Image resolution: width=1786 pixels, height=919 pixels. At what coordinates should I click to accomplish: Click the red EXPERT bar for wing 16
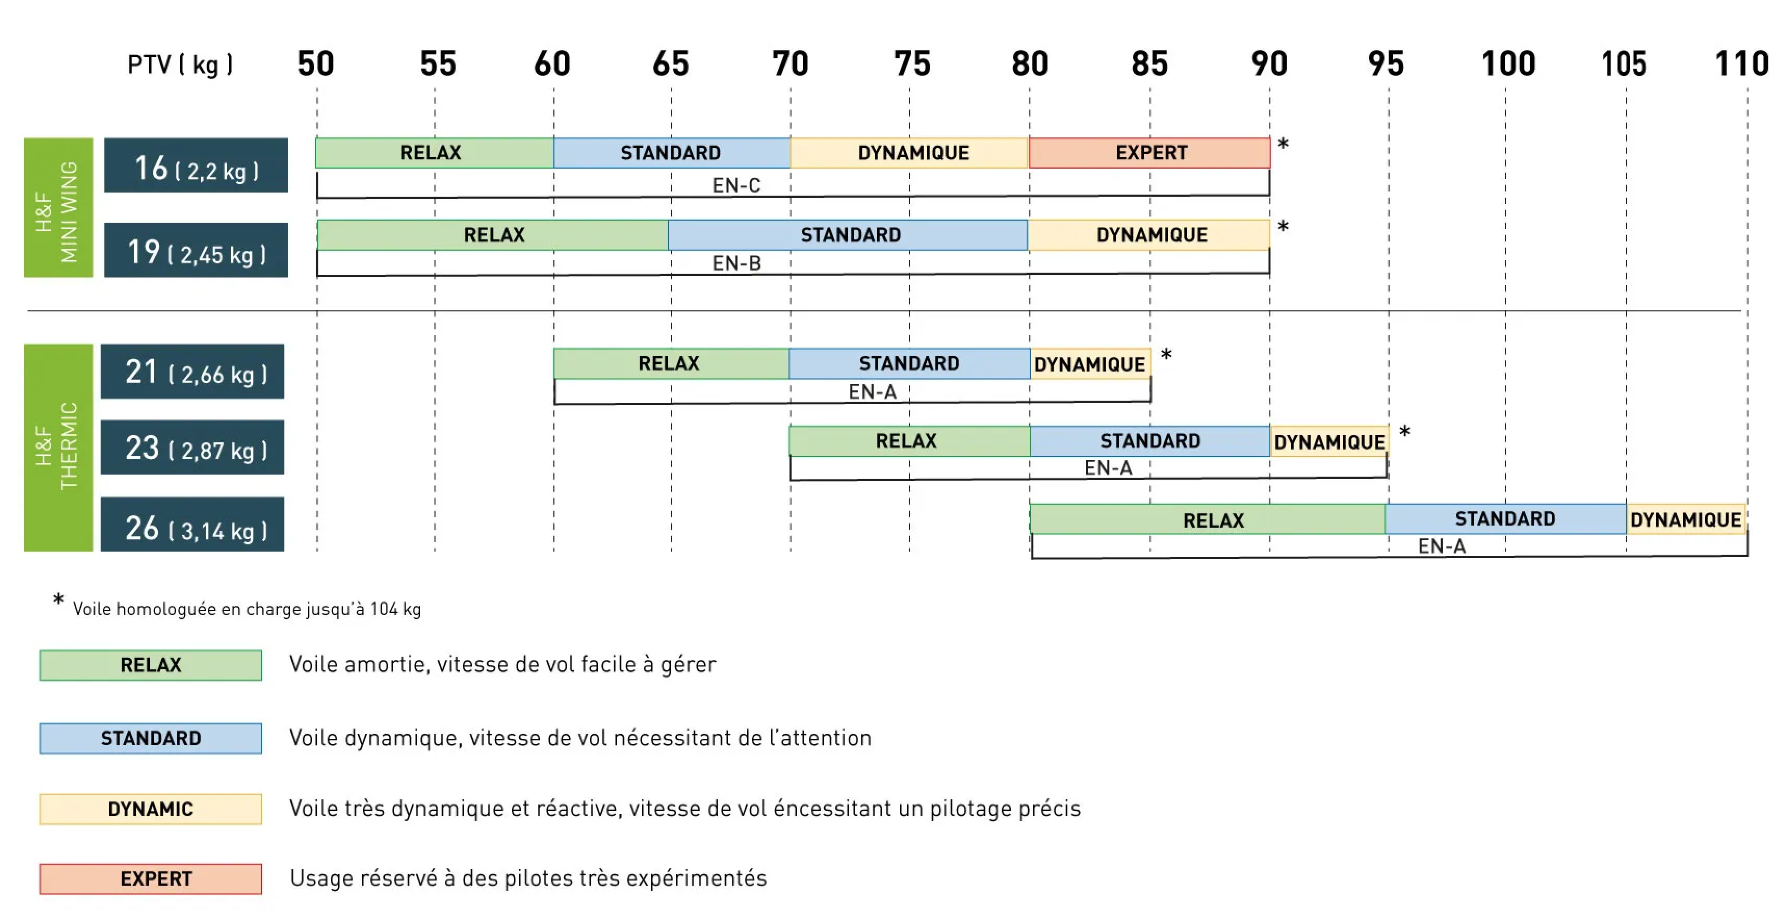point(1149,152)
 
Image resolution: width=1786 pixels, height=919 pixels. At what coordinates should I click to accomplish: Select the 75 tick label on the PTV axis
point(911,64)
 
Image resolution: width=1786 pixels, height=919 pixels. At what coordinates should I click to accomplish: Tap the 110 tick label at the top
point(1741,64)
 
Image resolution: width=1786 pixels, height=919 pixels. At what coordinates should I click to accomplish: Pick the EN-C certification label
point(736,185)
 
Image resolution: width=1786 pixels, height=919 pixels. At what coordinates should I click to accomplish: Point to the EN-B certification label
point(736,263)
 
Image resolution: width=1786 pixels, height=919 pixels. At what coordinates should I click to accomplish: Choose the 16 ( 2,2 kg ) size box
point(196,166)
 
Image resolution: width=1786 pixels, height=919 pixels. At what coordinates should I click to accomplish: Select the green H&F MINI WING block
point(58,208)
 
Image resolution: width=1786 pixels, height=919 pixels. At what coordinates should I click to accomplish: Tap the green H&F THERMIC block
point(58,448)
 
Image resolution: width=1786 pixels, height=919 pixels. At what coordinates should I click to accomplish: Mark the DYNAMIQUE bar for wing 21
point(1090,364)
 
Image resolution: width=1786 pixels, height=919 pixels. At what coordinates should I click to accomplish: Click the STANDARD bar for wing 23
point(1149,441)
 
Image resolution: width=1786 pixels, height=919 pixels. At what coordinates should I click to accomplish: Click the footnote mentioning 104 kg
point(246,609)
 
